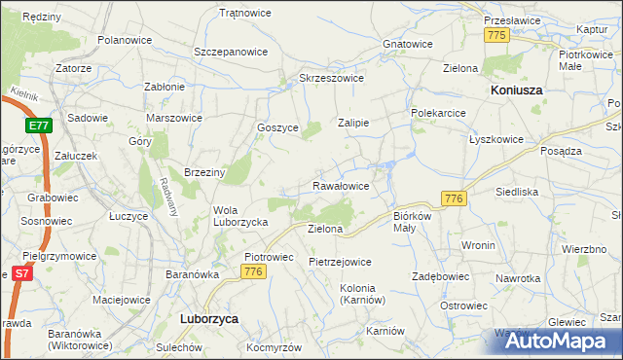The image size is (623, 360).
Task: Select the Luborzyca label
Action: [210, 318]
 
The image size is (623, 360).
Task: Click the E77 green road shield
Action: [39, 126]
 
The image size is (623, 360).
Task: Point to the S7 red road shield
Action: [19, 275]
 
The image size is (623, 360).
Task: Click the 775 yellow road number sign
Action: [497, 35]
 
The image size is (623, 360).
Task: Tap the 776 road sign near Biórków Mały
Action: [454, 198]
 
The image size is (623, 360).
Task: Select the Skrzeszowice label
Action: [331, 78]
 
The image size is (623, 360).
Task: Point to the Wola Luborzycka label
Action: [240, 215]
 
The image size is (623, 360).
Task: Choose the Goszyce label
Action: [277, 127]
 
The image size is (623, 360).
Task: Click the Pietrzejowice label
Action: [340, 262]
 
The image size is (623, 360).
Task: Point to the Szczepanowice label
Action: [231, 51]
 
